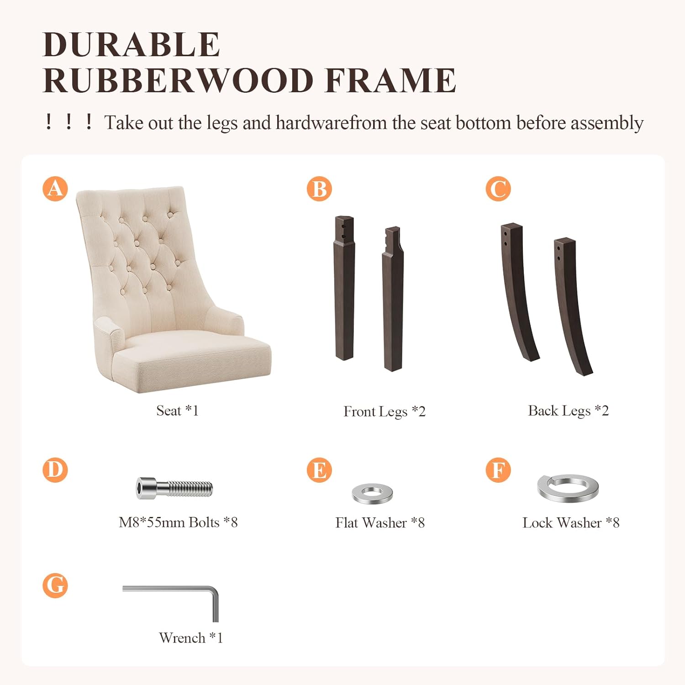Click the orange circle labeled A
[x=55, y=189]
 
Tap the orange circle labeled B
[x=319, y=189]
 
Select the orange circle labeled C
[x=498, y=189]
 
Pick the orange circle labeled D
[x=55, y=470]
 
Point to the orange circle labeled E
[x=319, y=470]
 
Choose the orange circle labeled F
[x=498, y=470]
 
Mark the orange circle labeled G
[x=55, y=585]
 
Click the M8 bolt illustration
[x=174, y=488]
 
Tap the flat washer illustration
[x=373, y=493]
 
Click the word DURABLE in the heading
[x=132, y=45]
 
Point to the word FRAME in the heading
[x=390, y=80]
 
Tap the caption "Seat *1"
[x=178, y=411]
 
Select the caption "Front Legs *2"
[x=385, y=411]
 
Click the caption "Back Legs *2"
[x=569, y=411]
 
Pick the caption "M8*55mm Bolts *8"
[x=178, y=522]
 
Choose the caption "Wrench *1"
[x=191, y=638]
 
